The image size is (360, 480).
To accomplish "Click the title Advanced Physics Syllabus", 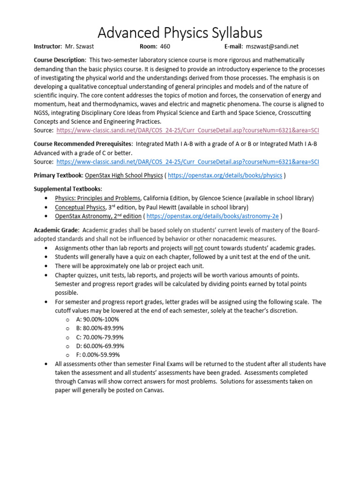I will coord(180,32).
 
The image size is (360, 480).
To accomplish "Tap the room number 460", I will coord(165,46).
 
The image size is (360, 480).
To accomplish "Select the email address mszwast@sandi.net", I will coord(272,46).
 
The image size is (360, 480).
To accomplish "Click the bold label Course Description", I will coord(60,60).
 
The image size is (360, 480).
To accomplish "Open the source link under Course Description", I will coord(187,130).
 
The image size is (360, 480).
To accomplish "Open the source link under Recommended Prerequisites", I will coord(187,162).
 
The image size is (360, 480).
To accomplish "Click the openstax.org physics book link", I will coord(225,175).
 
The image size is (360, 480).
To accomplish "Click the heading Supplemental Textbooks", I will coord(67,189).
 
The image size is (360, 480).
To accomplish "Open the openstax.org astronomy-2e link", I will coord(214,216).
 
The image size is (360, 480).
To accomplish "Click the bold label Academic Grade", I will coord(56,230).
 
